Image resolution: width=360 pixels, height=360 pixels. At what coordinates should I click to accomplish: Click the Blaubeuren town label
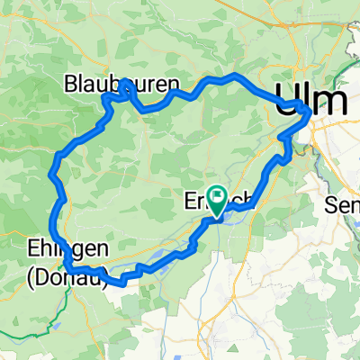click(122, 85)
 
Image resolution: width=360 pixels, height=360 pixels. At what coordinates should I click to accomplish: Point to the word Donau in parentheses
click(67, 278)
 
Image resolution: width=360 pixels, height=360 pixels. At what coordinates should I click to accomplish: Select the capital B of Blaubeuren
click(72, 85)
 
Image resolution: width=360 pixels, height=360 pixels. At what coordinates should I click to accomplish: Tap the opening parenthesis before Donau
click(31, 278)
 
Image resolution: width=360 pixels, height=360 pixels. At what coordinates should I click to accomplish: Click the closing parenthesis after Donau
click(105, 278)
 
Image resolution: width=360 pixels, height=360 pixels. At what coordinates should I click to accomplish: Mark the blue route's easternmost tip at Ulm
click(310, 112)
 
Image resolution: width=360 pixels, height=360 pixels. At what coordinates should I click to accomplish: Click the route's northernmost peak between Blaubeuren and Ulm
click(234, 75)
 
